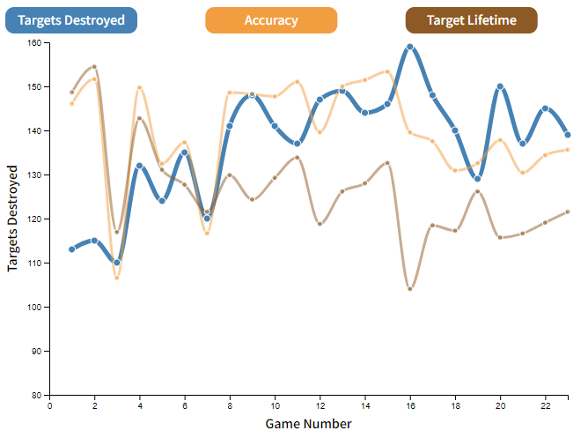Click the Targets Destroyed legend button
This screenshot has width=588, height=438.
[71, 20]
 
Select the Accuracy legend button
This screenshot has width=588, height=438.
[271, 20]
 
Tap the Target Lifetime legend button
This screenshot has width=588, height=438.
[471, 20]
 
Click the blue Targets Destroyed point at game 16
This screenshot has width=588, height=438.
[410, 47]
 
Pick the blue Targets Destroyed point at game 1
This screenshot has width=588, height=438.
[72, 249]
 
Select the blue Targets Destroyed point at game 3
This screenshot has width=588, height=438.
[117, 263]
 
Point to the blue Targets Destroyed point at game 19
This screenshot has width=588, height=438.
[478, 179]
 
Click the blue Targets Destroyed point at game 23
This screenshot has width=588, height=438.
[568, 135]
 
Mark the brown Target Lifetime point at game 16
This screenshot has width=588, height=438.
[410, 288]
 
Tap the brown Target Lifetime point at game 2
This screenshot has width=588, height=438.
[94, 67]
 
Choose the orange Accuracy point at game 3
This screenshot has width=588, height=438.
[117, 278]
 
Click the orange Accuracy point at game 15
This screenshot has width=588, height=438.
[387, 71]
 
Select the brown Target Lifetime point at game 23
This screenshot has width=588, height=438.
[568, 212]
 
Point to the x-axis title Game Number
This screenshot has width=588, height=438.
[308, 424]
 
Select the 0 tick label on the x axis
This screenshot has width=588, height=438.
[50, 406]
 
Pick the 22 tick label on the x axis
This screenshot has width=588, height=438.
[545, 406]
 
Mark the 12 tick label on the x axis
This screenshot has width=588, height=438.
[320, 406]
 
